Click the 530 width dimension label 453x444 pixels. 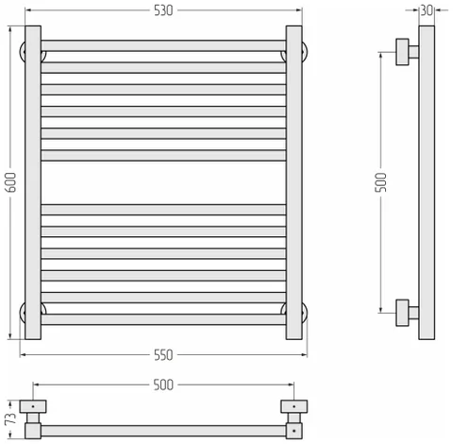(x=163, y=10)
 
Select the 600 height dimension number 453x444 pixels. (x=11, y=182)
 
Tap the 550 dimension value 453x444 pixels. (x=163, y=355)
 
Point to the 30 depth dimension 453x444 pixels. (x=427, y=10)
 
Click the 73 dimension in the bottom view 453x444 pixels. (x=11, y=419)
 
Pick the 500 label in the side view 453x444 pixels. (x=380, y=182)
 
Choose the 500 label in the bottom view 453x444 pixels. (x=163, y=384)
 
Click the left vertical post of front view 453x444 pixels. (x=33, y=182)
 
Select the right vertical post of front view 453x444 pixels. (x=294, y=182)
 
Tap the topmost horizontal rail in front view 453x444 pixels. (x=163, y=45)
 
